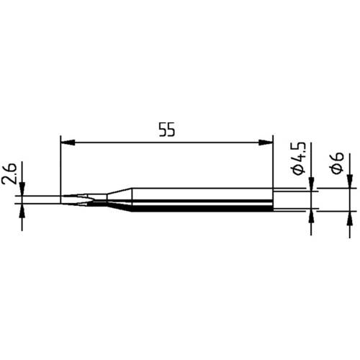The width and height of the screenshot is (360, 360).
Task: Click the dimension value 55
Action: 168,130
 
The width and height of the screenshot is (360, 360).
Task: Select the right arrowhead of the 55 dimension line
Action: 269,143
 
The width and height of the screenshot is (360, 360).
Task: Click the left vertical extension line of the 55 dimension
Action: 60,166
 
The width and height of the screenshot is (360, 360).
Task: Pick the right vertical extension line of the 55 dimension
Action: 274,166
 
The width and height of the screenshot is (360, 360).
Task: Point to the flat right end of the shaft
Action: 274,200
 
